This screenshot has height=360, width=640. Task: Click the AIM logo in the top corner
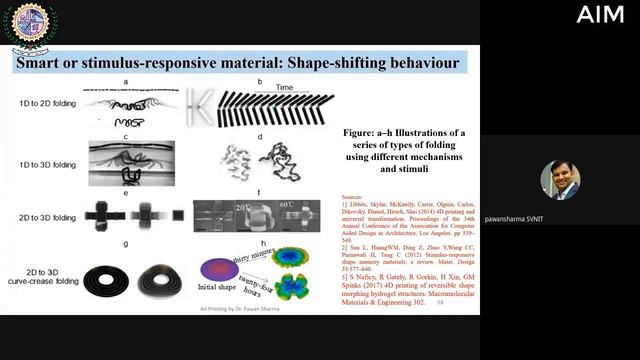tap(599, 14)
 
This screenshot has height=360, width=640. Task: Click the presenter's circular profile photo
tap(560, 180)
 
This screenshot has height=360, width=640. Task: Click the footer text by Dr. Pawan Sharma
tap(229, 309)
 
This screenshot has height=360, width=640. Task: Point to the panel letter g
tap(125, 243)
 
